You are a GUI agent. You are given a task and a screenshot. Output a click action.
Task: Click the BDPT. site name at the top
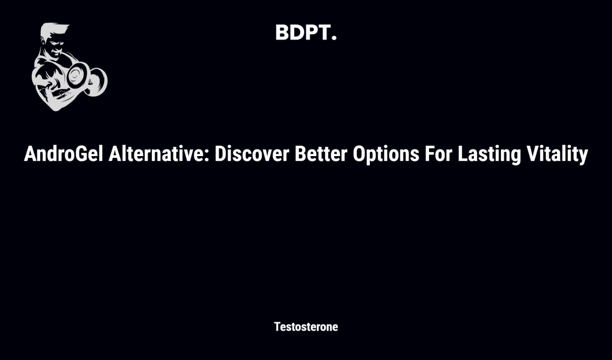(x=305, y=33)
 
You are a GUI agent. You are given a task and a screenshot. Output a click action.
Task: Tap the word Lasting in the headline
(x=485, y=155)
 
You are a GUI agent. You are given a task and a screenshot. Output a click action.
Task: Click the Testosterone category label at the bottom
(x=305, y=327)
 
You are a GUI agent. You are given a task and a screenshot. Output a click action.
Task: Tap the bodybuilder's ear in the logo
(x=45, y=48)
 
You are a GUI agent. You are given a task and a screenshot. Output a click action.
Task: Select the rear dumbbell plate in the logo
(x=98, y=81)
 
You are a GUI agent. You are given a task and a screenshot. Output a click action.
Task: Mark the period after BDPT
(x=333, y=39)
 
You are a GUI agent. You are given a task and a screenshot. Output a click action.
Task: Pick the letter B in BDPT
(x=282, y=33)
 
